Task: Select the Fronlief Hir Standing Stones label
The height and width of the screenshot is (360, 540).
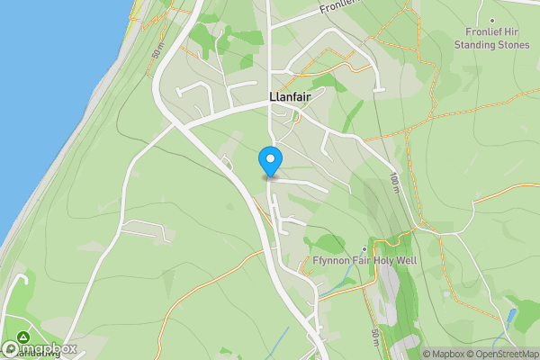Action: (x=490, y=37)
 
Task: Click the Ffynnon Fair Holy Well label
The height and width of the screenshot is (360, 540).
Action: (x=365, y=262)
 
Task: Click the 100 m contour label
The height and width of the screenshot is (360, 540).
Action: (x=395, y=184)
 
